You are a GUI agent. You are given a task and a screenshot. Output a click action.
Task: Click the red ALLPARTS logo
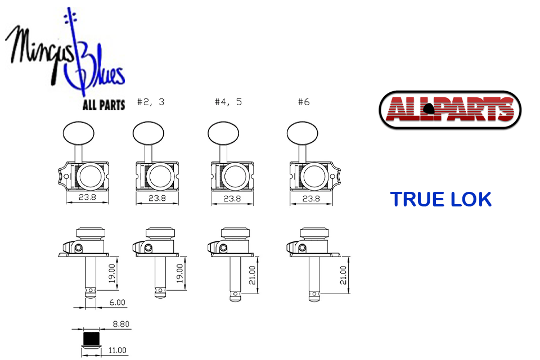pyautogui.click(x=450, y=110)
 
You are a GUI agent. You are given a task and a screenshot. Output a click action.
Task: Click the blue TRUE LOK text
pyautogui.click(x=440, y=200)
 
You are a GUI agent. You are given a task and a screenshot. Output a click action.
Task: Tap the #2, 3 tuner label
pyautogui.click(x=151, y=102)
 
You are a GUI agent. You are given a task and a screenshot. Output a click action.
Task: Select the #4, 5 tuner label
pyautogui.click(x=228, y=102)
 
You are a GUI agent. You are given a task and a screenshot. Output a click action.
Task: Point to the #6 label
pyautogui.click(x=304, y=102)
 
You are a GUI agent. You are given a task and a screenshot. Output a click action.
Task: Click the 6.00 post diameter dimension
pyautogui.click(x=117, y=303)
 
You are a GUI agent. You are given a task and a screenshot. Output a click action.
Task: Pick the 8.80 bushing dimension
pyautogui.click(x=121, y=324)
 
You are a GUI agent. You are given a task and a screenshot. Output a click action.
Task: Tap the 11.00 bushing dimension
pyautogui.click(x=118, y=350)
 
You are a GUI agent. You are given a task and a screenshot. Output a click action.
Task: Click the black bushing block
pyautogui.click(x=91, y=339)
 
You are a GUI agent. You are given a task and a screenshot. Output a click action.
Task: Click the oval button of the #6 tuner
pyautogui.click(x=303, y=133)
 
